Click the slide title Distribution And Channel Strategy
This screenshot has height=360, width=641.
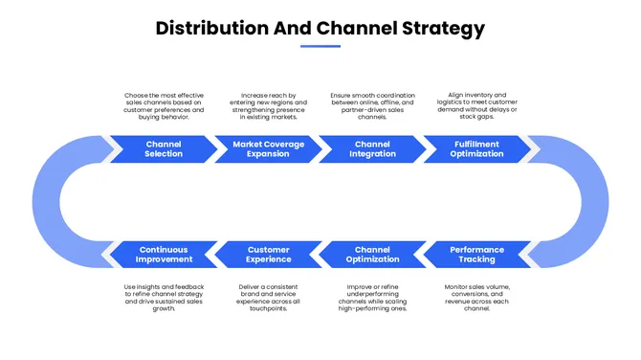click(320, 29)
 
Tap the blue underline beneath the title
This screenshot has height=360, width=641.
click(320, 46)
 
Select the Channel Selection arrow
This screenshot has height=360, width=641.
click(164, 148)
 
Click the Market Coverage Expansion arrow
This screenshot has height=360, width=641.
click(268, 148)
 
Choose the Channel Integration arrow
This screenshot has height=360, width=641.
click(372, 148)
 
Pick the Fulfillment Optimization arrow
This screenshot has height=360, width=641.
click(476, 148)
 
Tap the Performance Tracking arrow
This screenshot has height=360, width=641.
click(476, 255)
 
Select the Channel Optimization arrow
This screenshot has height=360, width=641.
click(372, 255)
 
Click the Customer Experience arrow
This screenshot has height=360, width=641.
click(268, 255)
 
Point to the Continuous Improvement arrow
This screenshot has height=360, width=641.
click(164, 255)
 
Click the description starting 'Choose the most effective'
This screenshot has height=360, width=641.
click(164, 106)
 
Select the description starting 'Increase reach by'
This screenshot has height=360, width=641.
click(268, 106)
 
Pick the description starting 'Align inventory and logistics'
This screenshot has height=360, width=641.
click(476, 106)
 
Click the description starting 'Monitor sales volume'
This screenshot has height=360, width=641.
click(476, 297)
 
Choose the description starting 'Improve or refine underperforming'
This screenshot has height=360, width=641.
click(372, 297)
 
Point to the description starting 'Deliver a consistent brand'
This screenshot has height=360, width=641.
click(268, 297)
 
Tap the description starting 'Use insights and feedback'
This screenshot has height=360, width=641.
click(164, 297)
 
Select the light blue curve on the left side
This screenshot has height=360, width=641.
click(54, 202)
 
